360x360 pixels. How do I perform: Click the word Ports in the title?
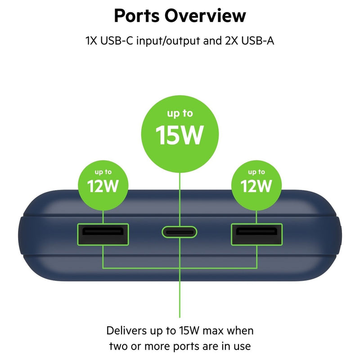click(x=137, y=16)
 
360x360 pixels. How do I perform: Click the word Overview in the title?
click(x=205, y=16)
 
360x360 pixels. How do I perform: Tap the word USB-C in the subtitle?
click(x=117, y=40)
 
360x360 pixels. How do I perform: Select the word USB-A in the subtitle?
click(x=257, y=40)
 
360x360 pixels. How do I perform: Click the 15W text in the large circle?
click(x=180, y=135)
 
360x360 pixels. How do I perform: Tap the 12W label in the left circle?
click(x=103, y=186)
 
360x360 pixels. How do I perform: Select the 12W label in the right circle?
click(x=256, y=186)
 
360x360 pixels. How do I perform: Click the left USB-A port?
click(x=103, y=234)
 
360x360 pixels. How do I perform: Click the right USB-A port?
click(x=256, y=234)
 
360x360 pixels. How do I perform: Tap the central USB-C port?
click(x=179, y=232)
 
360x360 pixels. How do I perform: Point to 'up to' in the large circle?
click(x=180, y=114)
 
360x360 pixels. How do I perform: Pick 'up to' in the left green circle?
click(x=103, y=172)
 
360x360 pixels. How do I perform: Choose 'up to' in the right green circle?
click(x=256, y=172)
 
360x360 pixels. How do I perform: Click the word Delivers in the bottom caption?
click(x=126, y=331)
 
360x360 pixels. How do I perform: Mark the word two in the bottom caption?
click(x=118, y=346)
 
